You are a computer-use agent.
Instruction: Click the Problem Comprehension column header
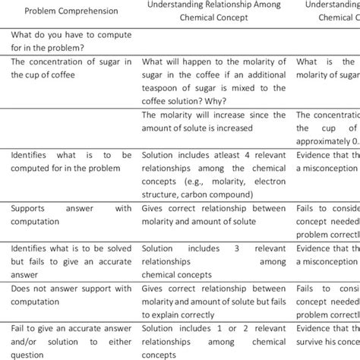(71, 12)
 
